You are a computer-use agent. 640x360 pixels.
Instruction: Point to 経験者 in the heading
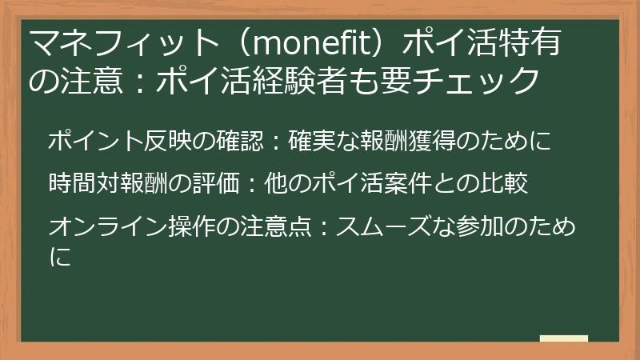(330, 80)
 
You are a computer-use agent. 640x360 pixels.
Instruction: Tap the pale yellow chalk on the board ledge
(563, 338)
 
